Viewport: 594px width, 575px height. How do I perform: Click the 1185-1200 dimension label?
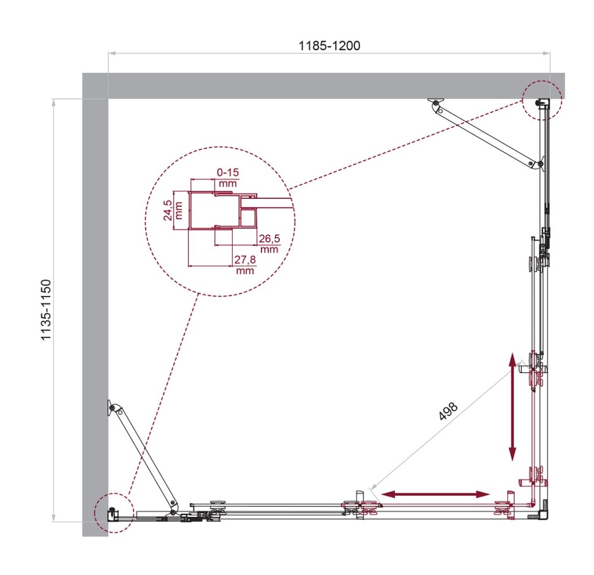coord(329,45)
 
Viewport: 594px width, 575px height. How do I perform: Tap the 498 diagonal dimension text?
coord(448,412)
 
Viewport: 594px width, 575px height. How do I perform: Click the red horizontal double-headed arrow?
coord(435,493)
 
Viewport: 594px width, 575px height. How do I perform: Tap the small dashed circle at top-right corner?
coord(542,100)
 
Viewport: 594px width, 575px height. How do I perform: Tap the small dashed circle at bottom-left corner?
coord(114,511)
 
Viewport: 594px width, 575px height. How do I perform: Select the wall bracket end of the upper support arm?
coord(435,105)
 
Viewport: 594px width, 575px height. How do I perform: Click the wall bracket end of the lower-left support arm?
coord(113,407)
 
